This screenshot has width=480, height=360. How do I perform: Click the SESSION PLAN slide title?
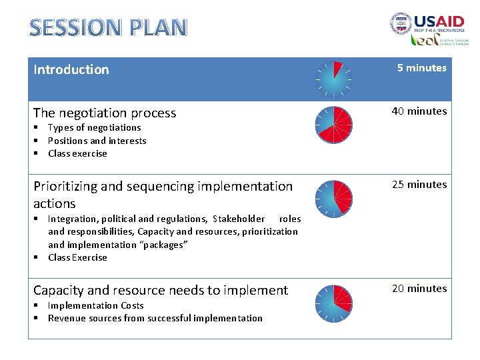pos(109,27)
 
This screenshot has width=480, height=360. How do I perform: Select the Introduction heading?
pos(71,69)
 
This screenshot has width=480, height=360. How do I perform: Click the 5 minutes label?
pos(421,68)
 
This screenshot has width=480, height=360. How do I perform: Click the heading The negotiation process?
pos(105,113)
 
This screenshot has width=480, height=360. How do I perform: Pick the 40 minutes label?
pos(419,111)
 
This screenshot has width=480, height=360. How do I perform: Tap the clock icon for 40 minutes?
pos(333,125)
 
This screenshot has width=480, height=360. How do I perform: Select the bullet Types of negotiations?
pos(94,127)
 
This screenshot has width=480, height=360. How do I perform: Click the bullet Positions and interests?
pos(97,141)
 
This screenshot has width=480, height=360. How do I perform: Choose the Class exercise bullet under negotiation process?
pos(77,153)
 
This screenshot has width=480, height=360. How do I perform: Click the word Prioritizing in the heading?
pos(65,187)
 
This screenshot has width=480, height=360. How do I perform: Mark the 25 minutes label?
pos(419,185)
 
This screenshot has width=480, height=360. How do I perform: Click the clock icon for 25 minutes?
pos(333,198)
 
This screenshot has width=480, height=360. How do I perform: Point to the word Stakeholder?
pos(239,219)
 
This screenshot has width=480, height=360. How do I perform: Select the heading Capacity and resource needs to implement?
pos(161,290)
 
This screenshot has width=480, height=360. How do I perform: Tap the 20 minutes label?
pos(419,289)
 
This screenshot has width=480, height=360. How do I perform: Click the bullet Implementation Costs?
pos(95,305)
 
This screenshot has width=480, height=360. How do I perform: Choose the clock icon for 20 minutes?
pos(333,303)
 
